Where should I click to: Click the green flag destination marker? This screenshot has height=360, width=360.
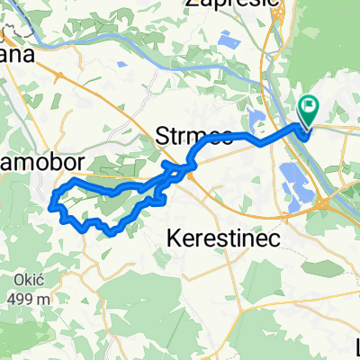pos(308,111)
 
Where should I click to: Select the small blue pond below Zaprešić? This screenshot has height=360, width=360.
pos(224,39)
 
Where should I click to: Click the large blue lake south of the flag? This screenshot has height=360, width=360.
pos(299,180)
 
